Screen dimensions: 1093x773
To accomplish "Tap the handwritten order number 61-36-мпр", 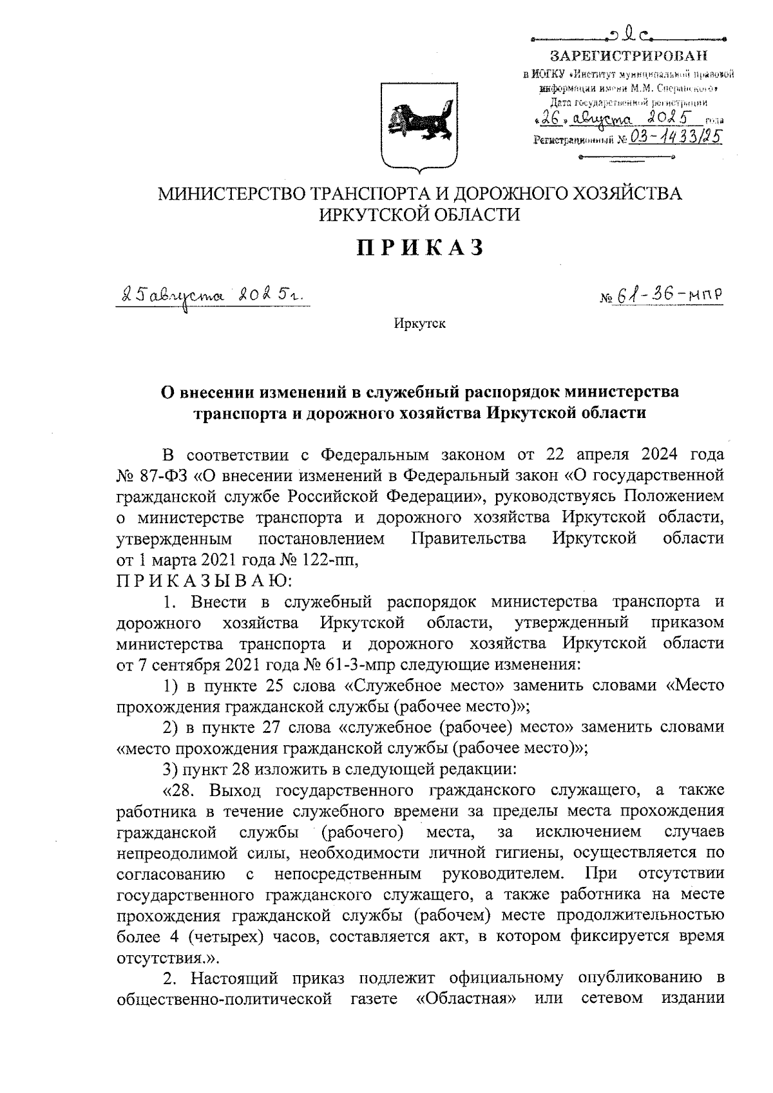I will click(670, 294).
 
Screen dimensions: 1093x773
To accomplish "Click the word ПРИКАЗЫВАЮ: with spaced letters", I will click(204, 581).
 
